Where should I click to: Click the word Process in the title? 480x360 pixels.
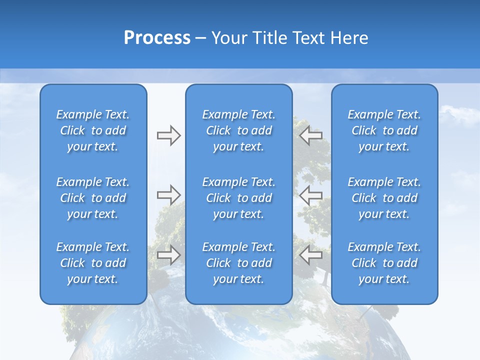click(157, 38)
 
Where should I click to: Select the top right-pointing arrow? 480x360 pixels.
click(168, 135)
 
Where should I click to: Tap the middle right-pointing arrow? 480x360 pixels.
click(168, 195)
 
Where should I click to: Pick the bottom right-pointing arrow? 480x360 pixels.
click(168, 255)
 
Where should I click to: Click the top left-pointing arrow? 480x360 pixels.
click(310, 135)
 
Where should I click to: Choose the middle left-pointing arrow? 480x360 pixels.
click(310, 195)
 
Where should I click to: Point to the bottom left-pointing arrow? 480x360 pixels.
click(310, 255)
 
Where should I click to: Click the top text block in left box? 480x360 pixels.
click(93, 130)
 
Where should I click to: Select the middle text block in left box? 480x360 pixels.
click(93, 198)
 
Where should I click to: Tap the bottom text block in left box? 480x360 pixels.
click(93, 263)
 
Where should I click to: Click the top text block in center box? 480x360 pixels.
click(238, 130)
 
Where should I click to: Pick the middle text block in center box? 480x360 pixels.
click(238, 198)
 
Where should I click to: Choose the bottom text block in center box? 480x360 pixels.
click(238, 263)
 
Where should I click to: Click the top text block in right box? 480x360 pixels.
click(384, 130)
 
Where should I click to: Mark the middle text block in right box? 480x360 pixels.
click(384, 198)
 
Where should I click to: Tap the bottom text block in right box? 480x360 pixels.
click(384, 263)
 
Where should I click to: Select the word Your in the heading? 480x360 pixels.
click(230, 38)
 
